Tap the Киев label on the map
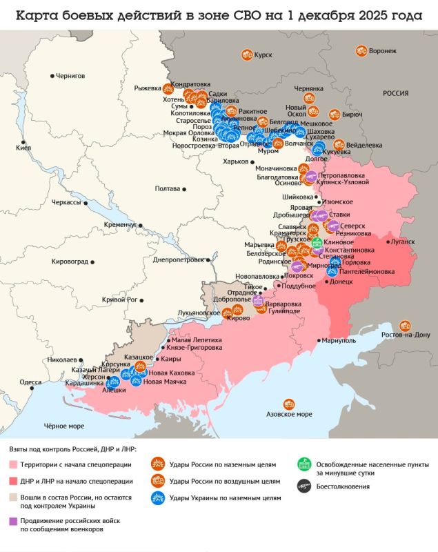click(23, 148)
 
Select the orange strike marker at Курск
click(246, 55)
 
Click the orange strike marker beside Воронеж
click(361, 50)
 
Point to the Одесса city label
click(30, 382)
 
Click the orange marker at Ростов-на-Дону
click(406, 325)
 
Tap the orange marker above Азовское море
click(288, 404)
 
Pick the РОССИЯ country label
click(396, 93)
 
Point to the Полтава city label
click(168, 188)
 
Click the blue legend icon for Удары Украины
click(157, 497)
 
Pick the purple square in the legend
click(14, 521)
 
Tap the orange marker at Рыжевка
click(168, 88)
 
